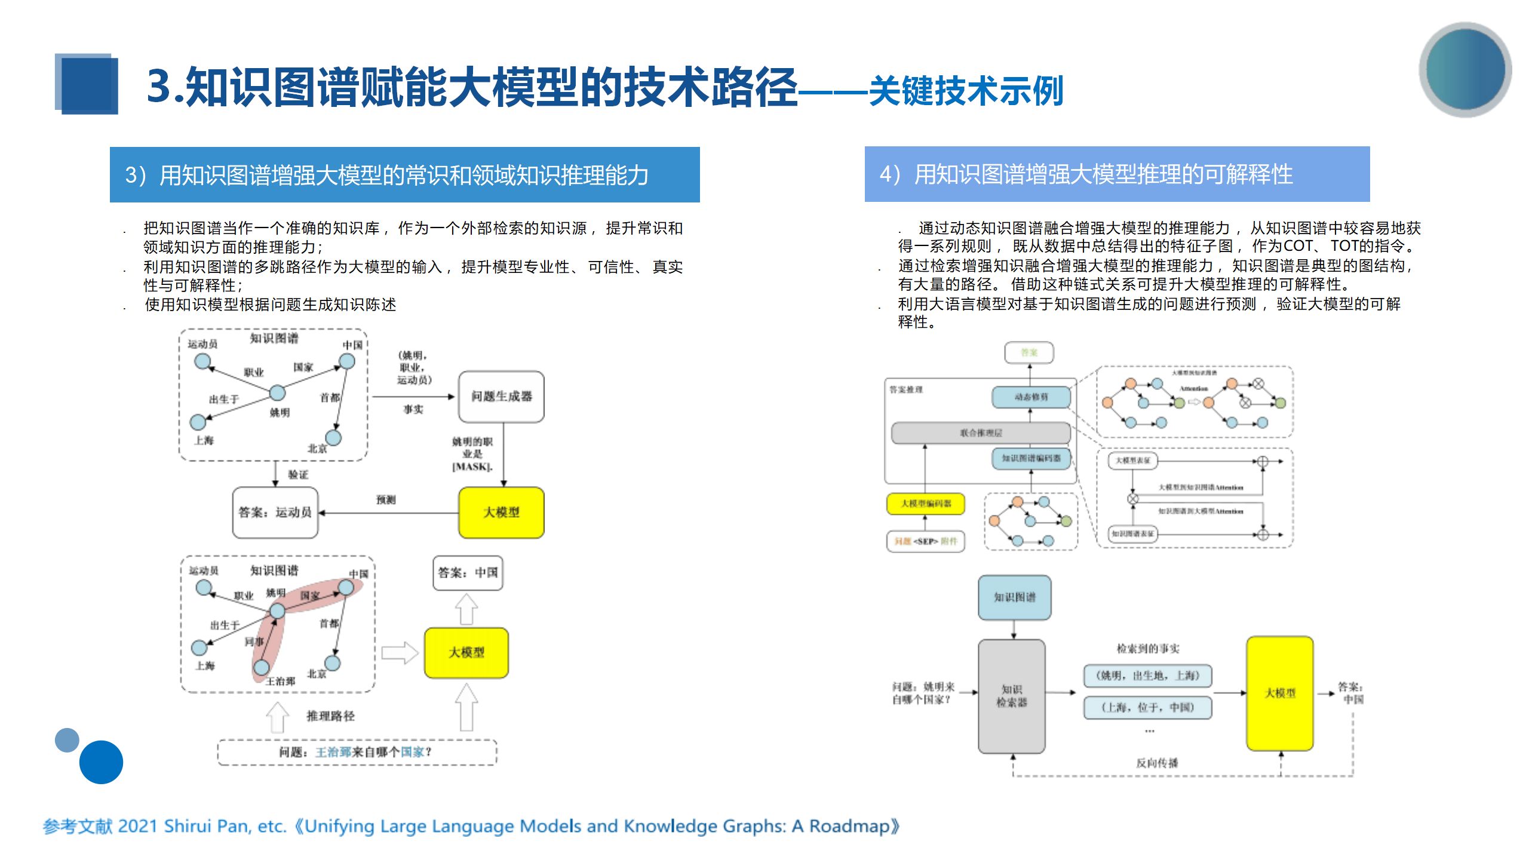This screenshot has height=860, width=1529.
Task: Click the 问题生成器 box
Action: click(x=501, y=397)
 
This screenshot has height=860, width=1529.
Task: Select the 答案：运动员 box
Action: click(x=275, y=512)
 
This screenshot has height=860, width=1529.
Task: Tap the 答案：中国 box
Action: click(x=468, y=573)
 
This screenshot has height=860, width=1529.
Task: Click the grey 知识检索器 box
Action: click(x=1011, y=696)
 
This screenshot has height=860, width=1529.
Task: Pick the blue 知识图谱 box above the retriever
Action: click(x=1014, y=597)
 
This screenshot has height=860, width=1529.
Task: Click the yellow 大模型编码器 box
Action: click(x=925, y=503)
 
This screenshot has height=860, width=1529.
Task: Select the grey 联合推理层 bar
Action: click(x=981, y=433)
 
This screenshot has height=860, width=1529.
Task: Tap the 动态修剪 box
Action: click(x=1031, y=397)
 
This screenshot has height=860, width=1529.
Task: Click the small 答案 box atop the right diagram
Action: click(x=1028, y=352)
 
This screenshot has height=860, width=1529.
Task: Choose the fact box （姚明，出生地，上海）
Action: click(x=1147, y=675)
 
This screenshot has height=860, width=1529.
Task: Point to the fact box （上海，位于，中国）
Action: click(x=1147, y=708)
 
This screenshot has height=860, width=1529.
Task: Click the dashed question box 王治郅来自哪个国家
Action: click(x=357, y=752)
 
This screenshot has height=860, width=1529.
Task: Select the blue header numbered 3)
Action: click(x=404, y=174)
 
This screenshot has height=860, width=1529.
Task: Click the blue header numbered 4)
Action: click(x=1116, y=174)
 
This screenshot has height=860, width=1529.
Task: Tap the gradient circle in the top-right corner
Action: click(x=1465, y=69)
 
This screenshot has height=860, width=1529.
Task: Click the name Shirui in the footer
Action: click(x=187, y=827)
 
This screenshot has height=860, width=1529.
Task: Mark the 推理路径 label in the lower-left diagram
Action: click(x=330, y=716)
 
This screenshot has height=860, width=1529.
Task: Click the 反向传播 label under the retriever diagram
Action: click(x=1156, y=763)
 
